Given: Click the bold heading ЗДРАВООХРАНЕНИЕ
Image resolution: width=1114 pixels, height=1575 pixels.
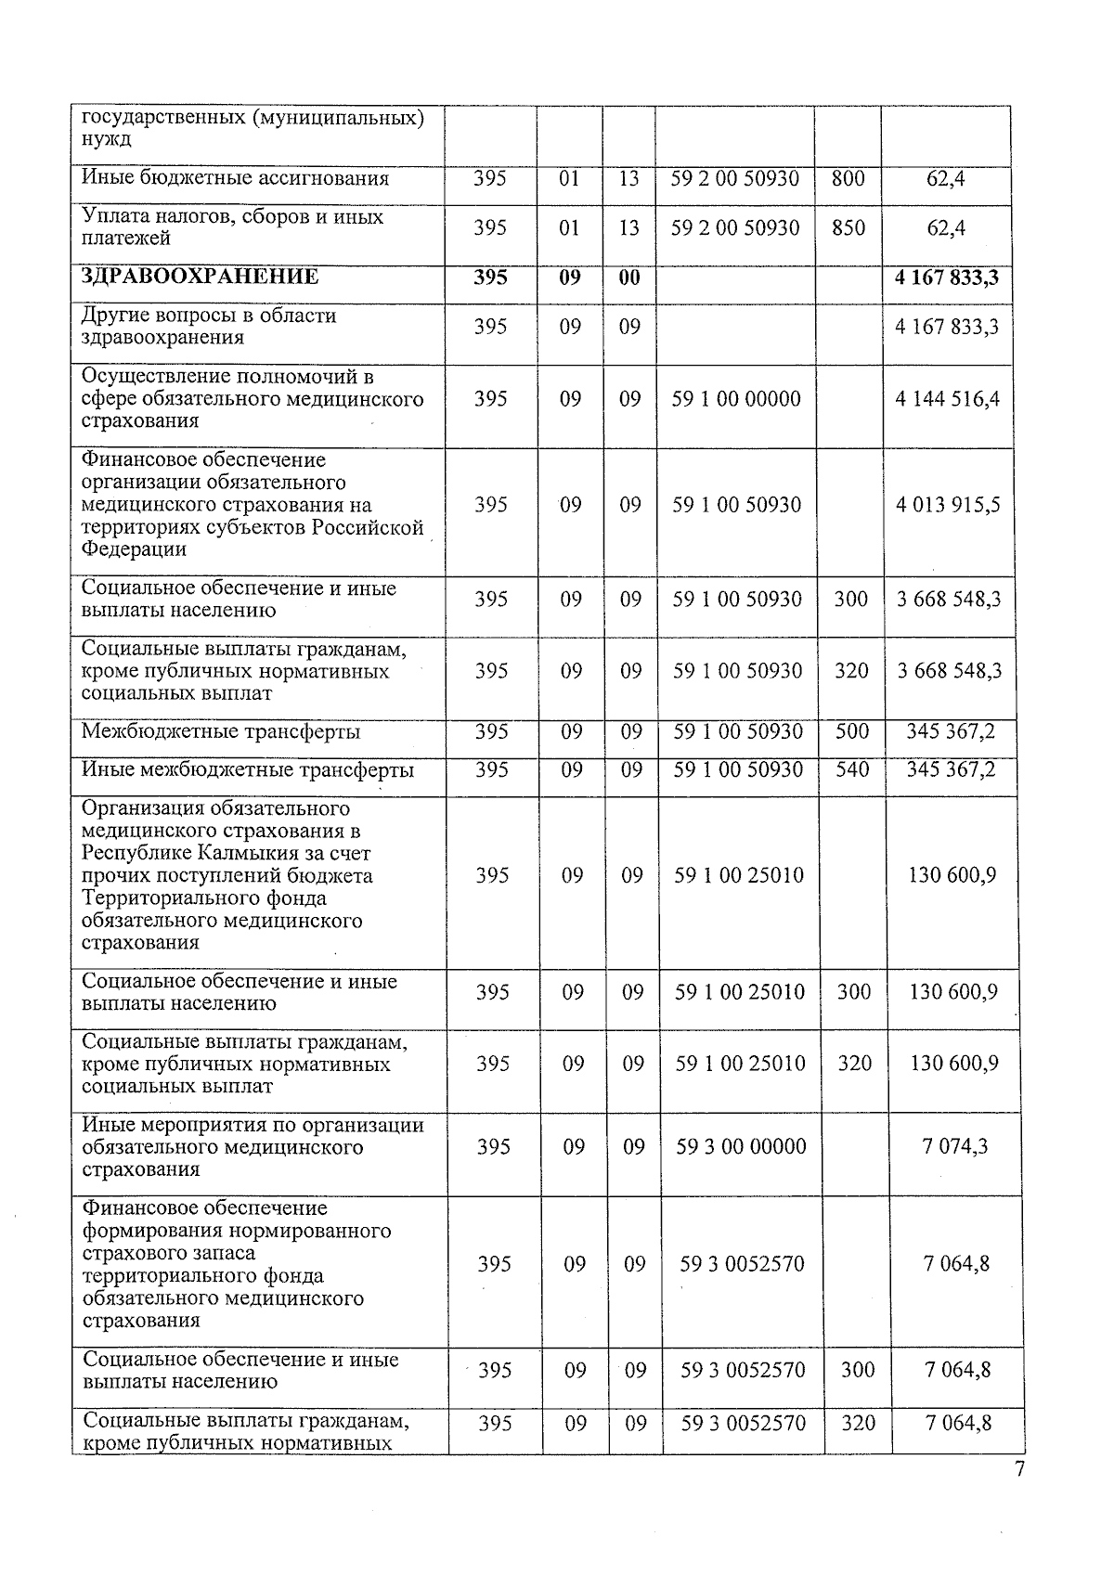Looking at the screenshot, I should (200, 277).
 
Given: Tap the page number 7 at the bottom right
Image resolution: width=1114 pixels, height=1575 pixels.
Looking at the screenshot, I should (1019, 1469).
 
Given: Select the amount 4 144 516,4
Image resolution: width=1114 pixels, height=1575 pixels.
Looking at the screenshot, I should (948, 399).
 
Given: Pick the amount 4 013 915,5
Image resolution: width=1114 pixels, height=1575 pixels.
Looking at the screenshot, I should (948, 505).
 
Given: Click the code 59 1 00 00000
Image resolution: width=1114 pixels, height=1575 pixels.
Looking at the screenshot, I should (737, 399).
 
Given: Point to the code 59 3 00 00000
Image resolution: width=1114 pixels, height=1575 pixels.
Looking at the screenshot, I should (741, 1147).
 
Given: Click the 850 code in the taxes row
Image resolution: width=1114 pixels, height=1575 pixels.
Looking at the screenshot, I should (848, 227).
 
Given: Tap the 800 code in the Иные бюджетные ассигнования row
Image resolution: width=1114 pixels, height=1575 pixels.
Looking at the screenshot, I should (848, 178).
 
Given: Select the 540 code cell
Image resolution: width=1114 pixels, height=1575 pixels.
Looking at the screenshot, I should (852, 769).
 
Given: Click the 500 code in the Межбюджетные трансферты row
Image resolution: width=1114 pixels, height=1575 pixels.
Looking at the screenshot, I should (852, 731).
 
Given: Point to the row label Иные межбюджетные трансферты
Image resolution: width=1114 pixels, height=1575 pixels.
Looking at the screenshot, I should (248, 770).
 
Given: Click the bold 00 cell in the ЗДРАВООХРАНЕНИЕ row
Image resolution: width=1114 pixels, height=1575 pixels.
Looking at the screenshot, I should (629, 278).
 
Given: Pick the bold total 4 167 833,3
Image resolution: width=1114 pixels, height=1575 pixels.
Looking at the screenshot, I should (947, 278).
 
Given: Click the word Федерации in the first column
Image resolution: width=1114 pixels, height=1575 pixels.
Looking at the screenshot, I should (134, 549).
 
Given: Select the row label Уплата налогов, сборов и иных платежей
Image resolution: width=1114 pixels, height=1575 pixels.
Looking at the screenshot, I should (232, 227).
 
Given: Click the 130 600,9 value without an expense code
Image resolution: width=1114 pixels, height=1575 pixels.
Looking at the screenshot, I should (952, 875).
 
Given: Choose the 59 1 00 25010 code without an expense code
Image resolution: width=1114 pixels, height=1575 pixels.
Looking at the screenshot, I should (739, 875).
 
